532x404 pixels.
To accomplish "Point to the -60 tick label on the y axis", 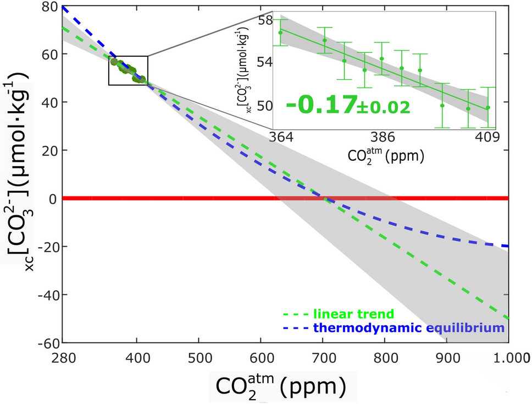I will coord(47,342).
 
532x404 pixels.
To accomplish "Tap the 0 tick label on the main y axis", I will coord(53,198).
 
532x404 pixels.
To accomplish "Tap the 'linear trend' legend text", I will coord(353,314).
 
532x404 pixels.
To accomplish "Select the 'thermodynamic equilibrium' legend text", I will coord(408,328).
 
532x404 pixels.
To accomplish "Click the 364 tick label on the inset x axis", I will coord(280,138).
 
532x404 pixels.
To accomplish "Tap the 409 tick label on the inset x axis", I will coord(488,138).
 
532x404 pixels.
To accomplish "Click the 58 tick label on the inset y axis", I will coord(265,20).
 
